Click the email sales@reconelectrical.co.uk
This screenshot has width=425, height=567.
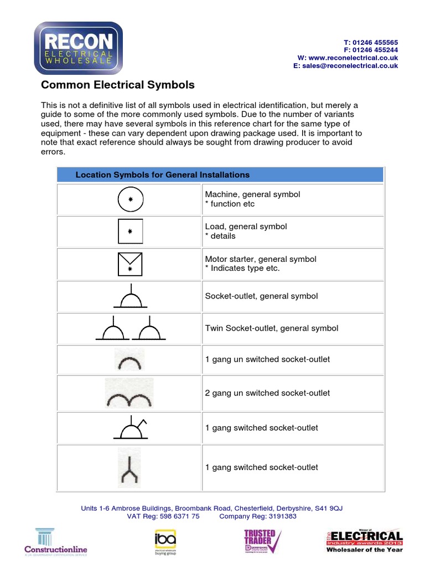pos(350,66)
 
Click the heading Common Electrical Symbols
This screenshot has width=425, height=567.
pos(118,85)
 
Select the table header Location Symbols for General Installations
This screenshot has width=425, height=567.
pos(162,175)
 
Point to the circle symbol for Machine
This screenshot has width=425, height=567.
pos(131,199)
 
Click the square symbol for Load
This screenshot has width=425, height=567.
pos(131,231)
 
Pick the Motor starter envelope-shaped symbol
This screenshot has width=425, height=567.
pos(131,264)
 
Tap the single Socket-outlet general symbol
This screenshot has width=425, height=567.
pos(131,298)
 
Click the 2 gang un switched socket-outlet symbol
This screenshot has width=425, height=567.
pos(129,393)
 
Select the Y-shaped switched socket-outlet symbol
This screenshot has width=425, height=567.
pos(129,468)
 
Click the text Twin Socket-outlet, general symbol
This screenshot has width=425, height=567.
pos(271,328)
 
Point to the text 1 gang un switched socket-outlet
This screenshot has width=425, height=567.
pos(267,359)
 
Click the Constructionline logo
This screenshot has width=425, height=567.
pos(55,541)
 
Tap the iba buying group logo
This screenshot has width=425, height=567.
pos(164,541)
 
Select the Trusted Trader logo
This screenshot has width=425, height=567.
pos(262,541)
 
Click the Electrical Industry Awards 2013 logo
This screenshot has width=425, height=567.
pos(363,541)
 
